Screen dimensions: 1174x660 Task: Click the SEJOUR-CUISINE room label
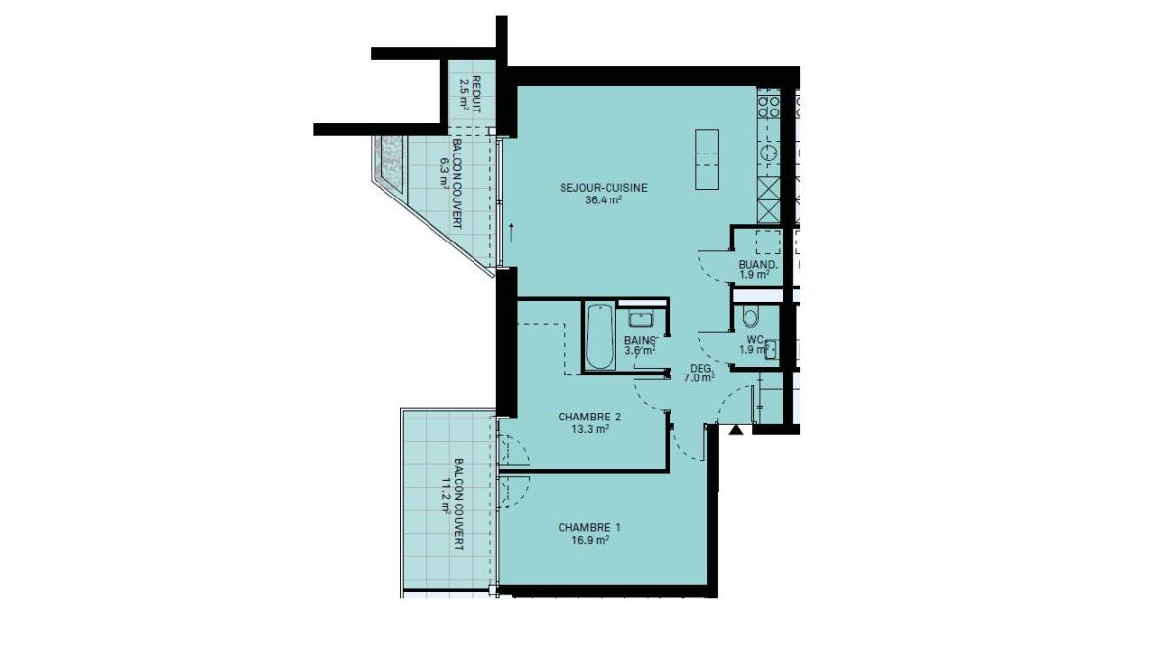[x=604, y=188]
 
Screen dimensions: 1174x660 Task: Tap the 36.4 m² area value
[x=604, y=199]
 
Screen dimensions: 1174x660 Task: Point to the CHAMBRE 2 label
[x=589, y=418]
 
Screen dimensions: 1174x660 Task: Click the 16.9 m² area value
[x=590, y=540]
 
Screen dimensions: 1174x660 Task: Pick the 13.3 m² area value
[x=590, y=429]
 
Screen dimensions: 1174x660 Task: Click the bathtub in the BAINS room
[x=600, y=336]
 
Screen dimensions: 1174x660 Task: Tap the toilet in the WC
[x=750, y=317]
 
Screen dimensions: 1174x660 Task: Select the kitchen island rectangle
[x=706, y=159]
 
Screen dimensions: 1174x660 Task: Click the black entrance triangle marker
[x=736, y=430]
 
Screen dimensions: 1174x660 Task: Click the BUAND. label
[x=757, y=265]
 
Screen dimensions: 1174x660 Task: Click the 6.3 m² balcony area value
[x=445, y=173]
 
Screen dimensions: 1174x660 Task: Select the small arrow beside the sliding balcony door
[x=511, y=232]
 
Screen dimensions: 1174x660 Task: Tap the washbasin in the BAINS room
[x=641, y=319]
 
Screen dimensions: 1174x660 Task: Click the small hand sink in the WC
[x=771, y=349]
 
